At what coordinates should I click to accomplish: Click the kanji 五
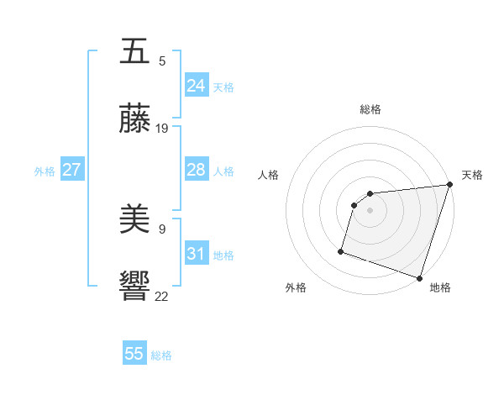click(x=135, y=51)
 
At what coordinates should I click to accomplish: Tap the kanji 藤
click(x=135, y=119)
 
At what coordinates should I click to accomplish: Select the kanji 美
click(x=135, y=219)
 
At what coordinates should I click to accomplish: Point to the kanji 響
click(x=135, y=287)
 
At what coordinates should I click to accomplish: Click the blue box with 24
click(x=196, y=86)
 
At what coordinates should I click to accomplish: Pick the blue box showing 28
click(x=196, y=170)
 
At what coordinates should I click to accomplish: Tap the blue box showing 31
click(x=196, y=254)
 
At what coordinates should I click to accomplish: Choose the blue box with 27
click(x=71, y=170)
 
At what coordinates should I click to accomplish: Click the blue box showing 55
click(x=134, y=354)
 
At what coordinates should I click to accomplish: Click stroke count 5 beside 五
click(x=162, y=61)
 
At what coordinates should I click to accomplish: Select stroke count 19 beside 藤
click(x=162, y=129)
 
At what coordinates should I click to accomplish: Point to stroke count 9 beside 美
click(x=162, y=229)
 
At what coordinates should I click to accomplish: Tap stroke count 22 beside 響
click(x=162, y=296)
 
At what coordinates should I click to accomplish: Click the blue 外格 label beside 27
click(x=45, y=171)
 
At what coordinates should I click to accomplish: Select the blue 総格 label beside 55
click(x=161, y=355)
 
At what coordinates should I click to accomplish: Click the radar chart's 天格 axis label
click(x=472, y=175)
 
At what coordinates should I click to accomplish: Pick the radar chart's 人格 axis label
click(x=269, y=175)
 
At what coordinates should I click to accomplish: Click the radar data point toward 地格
click(x=419, y=277)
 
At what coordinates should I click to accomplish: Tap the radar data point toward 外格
click(x=342, y=250)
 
